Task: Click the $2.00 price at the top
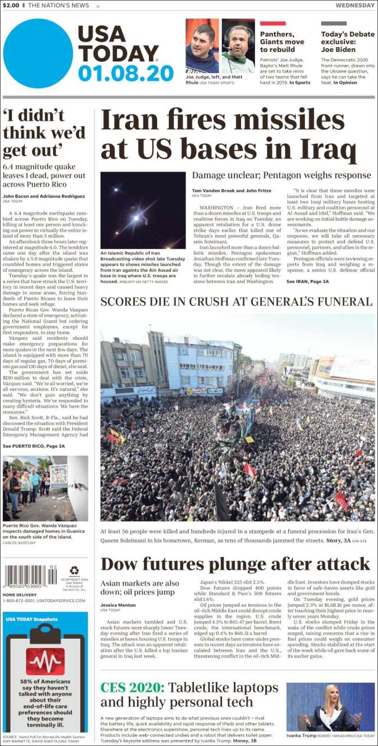[x=11, y=5]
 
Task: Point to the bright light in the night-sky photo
[x=136, y=217]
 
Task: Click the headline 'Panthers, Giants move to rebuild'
[x=282, y=42]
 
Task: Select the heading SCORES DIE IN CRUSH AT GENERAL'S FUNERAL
[x=236, y=301]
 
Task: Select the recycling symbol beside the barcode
[x=74, y=570]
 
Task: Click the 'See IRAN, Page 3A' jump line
[x=307, y=282]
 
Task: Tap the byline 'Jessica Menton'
[x=119, y=604]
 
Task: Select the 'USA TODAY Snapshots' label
[x=32, y=619]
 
